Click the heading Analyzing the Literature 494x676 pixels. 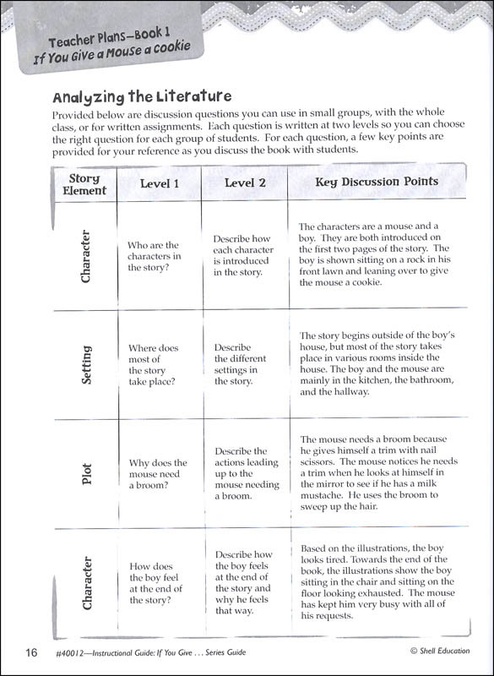click(141, 96)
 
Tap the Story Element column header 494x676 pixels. click(84, 184)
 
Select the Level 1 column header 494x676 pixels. click(159, 183)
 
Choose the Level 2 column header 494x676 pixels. click(245, 183)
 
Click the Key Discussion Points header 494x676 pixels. click(377, 182)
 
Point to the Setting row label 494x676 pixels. click(86, 364)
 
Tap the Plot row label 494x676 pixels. click(86, 472)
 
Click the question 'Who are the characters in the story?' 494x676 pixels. click(155, 256)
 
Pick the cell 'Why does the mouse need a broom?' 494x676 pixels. click(157, 473)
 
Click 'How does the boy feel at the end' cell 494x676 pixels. click(155, 583)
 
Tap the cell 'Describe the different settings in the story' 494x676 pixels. click(242, 364)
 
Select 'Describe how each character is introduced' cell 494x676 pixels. click(243, 255)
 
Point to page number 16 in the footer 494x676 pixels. click(31, 651)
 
